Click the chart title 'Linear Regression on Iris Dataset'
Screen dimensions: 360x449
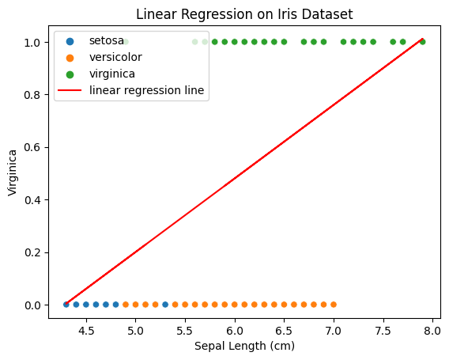(244, 13)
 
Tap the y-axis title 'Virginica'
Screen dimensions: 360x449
(12, 173)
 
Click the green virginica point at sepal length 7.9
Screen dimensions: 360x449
(422, 41)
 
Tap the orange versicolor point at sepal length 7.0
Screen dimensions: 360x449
(334, 304)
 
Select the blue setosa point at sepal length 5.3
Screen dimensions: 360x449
(165, 304)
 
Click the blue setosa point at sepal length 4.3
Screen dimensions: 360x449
(66, 304)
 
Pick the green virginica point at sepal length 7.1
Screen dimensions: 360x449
(343, 41)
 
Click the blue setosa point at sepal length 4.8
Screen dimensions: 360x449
(115, 304)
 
